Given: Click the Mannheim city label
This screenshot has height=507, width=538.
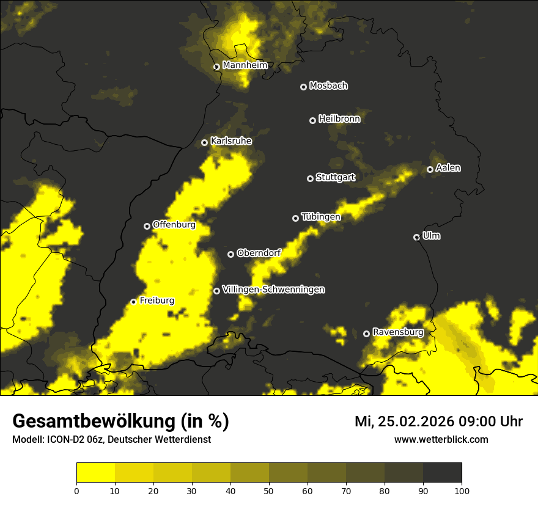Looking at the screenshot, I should tap(245, 65).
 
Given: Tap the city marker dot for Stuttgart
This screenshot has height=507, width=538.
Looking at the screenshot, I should tap(310, 178).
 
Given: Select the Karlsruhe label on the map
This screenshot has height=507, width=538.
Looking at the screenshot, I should tap(230, 141).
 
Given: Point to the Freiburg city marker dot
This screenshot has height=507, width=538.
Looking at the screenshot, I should tap(133, 302).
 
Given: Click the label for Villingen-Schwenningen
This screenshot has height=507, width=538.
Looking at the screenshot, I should tap(273, 290).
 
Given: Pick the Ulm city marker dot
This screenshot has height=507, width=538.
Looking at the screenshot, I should tap(416, 237).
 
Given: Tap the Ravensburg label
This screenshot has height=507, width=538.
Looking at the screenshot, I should tap(398, 332).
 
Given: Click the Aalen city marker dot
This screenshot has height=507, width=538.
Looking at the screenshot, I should tap(430, 169).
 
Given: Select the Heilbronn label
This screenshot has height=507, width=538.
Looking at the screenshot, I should tap(339, 119).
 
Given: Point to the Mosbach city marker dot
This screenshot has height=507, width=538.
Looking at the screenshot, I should tap(303, 87).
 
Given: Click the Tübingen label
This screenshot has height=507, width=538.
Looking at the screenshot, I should tap(321, 217).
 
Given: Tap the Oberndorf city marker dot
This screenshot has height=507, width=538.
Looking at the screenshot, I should tap(230, 254).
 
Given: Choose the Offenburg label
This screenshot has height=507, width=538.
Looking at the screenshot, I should tap(174, 225).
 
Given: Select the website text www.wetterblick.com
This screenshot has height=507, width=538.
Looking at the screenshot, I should tap(441, 439).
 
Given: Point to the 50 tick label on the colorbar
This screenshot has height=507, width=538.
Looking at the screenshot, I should tap(269, 490).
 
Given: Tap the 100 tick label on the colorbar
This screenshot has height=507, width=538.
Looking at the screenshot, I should tap(462, 490).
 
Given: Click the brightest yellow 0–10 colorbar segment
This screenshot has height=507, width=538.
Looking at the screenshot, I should tap(96, 473).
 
